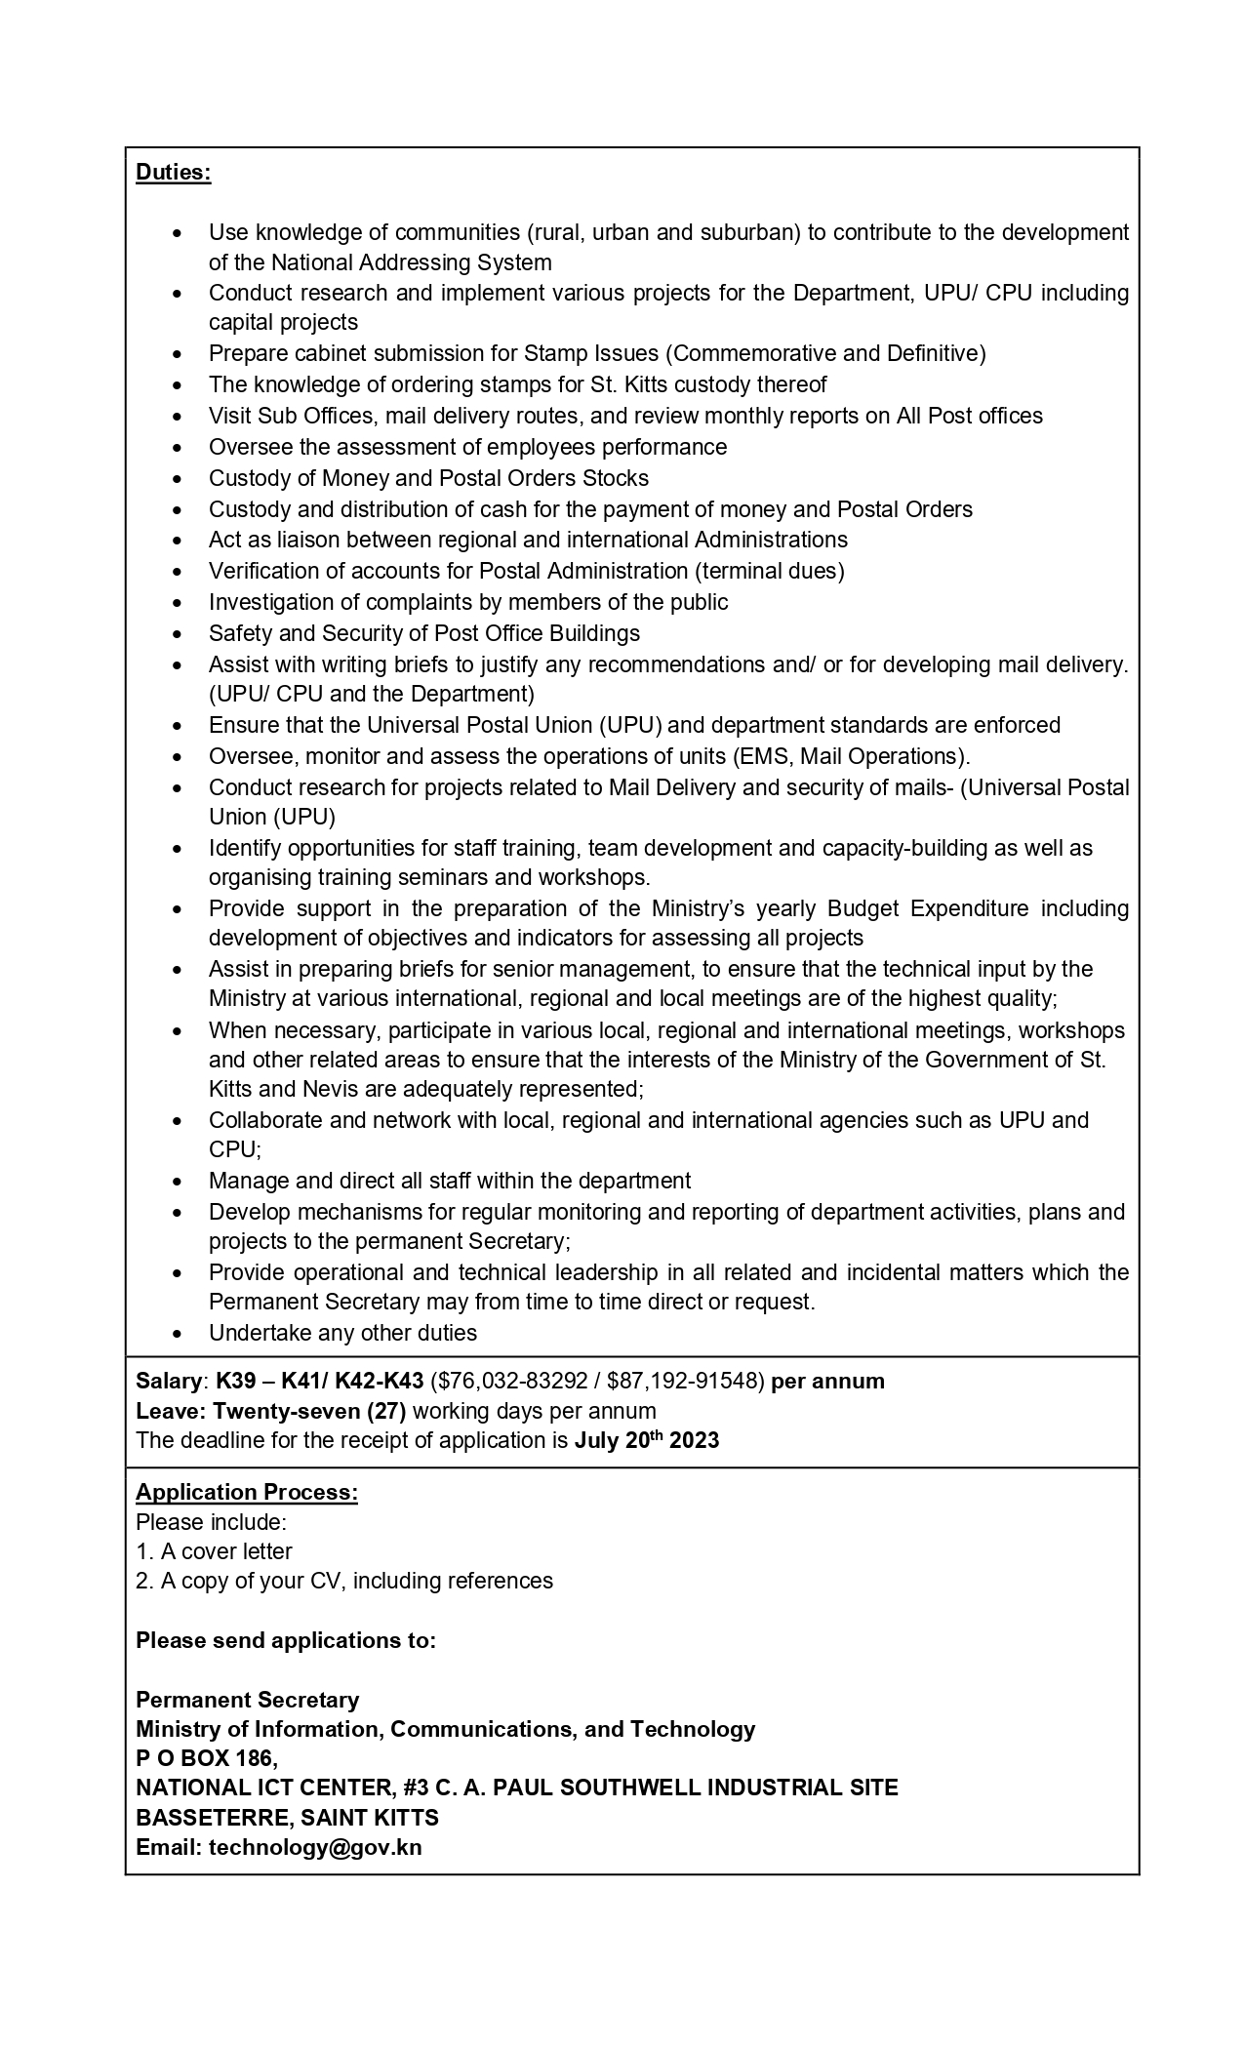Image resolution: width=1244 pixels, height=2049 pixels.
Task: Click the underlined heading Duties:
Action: (173, 173)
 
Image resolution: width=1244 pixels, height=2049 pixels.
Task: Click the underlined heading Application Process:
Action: (247, 1492)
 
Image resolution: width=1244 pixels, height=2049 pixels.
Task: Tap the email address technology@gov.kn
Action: (315, 1847)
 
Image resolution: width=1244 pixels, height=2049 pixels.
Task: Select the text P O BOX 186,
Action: (207, 1758)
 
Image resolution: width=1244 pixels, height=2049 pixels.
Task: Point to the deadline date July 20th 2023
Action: (646, 1440)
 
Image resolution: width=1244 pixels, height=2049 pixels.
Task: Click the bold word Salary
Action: (168, 1381)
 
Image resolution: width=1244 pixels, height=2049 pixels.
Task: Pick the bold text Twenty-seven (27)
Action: (309, 1411)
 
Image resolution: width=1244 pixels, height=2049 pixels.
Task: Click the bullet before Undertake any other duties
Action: (177, 1334)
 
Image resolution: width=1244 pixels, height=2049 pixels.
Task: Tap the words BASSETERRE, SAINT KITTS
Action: (287, 1818)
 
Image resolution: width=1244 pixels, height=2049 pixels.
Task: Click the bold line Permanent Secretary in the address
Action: (247, 1700)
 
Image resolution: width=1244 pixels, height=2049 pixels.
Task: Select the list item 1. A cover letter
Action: (214, 1551)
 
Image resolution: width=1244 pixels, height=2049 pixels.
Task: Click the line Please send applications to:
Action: (285, 1640)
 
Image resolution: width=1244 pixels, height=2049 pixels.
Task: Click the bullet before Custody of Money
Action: (177, 479)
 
